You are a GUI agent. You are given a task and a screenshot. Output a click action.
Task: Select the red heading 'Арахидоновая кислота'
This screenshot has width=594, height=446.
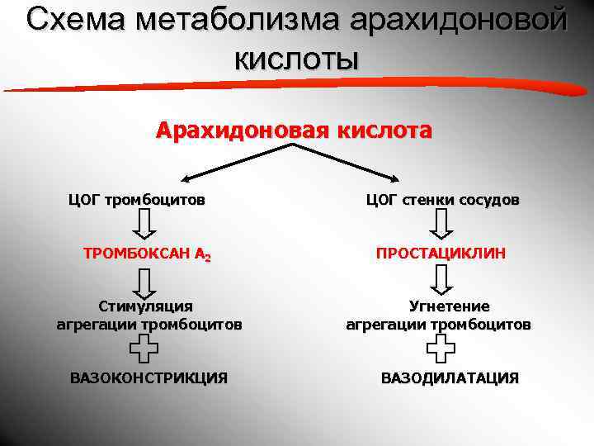[294, 130]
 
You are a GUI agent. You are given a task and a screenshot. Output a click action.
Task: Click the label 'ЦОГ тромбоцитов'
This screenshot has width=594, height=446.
[137, 200]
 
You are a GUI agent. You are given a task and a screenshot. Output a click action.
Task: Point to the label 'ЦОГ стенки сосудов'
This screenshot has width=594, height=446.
[442, 200]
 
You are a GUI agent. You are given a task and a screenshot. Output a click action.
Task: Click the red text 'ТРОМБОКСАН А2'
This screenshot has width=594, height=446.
[148, 254]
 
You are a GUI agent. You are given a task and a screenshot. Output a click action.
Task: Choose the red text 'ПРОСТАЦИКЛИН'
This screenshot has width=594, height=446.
[441, 254]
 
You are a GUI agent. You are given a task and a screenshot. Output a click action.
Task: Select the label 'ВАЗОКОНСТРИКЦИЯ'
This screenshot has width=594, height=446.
[148, 378]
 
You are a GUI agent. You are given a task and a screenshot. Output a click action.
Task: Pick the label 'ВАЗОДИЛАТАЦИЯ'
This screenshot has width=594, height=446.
[450, 378]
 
